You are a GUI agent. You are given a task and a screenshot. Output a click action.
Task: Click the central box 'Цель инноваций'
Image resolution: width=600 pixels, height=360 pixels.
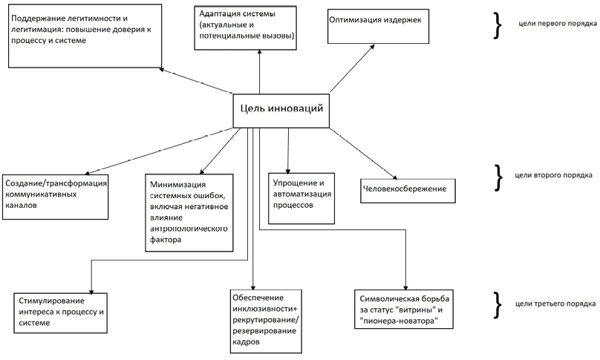click(281, 110)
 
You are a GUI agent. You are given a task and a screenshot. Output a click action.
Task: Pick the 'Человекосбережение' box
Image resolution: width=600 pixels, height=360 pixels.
click(406, 189)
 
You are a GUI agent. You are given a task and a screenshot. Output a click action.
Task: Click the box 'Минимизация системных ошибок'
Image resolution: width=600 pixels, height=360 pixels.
click(188, 211)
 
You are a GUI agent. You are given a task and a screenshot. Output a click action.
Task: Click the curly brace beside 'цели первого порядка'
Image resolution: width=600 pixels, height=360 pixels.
click(496, 23)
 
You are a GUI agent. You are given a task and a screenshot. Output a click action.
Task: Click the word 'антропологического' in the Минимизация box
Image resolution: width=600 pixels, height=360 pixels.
click(185, 229)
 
